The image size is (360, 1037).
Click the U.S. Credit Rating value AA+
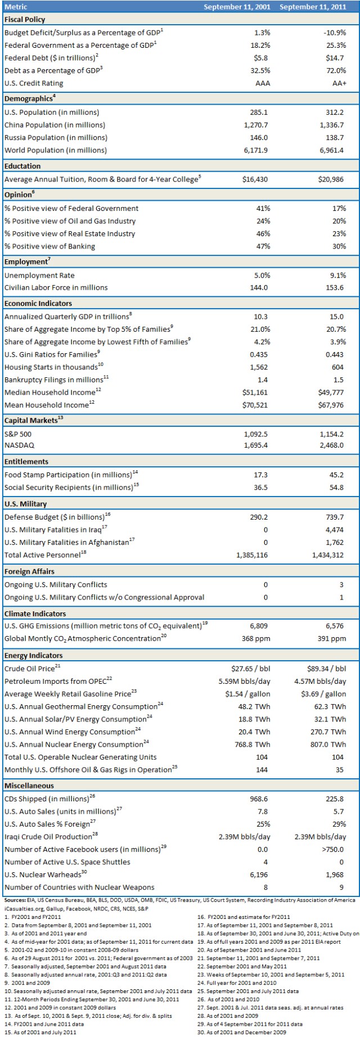click(x=339, y=83)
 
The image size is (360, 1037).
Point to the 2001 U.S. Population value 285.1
click(x=259, y=112)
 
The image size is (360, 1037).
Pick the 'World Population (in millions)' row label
click(x=55, y=150)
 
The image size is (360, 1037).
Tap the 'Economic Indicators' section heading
click(x=38, y=304)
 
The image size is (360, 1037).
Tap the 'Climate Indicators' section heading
click(x=35, y=614)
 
